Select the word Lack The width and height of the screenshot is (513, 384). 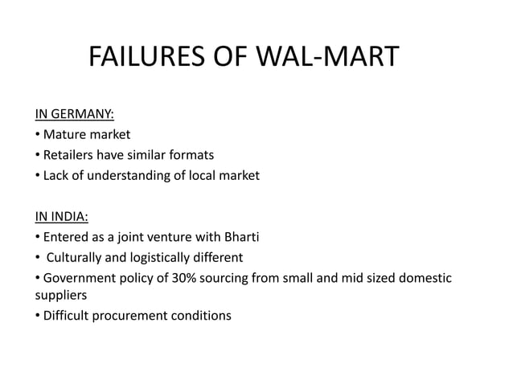point(56,175)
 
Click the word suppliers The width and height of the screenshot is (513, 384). point(60,295)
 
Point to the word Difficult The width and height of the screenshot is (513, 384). point(67,315)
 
